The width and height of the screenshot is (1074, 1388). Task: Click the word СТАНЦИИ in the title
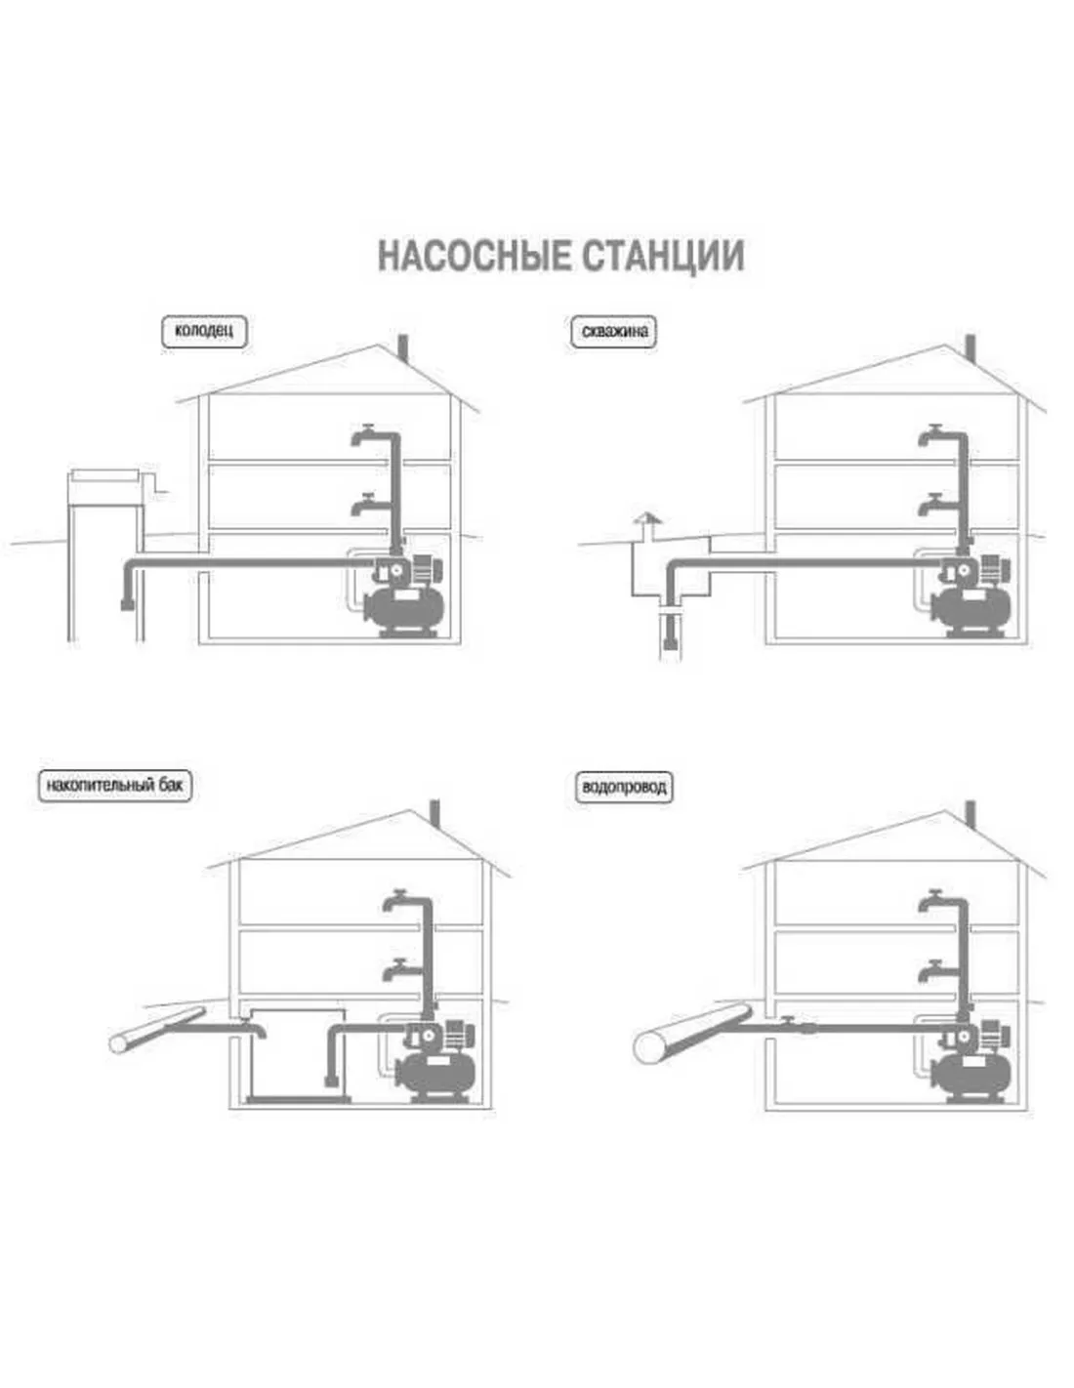(x=663, y=256)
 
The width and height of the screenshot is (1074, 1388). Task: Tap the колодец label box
(x=204, y=331)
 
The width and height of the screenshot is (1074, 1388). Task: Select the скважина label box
(x=614, y=331)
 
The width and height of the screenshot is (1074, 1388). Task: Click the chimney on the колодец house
(x=404, y=347)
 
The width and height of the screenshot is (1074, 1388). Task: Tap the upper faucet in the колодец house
(x=365, y=436)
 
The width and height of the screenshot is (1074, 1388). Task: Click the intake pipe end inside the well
(x=128, y=603)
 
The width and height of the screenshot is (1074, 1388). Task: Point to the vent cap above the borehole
(x=646, y=517)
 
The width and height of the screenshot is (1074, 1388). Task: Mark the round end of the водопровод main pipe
(x=650, y=1045)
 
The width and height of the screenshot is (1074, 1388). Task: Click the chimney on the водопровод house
(x=971, y=813)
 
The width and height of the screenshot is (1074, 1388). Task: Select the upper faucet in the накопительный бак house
(x=397, y=901)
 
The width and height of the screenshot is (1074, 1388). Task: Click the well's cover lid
(x=105, y=474)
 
